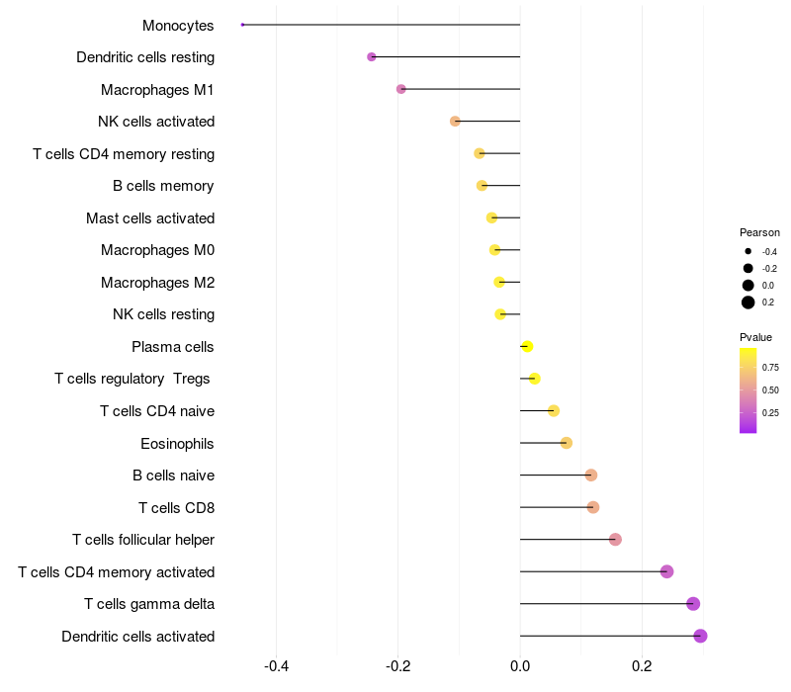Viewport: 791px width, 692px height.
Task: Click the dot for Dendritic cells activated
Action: point(700,636)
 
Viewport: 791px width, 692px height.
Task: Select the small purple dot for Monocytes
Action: point(242,25)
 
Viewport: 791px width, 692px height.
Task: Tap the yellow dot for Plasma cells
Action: point(527,346)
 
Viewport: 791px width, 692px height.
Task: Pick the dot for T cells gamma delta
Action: point(693,604)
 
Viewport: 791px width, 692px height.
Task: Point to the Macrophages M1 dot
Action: point(400,89)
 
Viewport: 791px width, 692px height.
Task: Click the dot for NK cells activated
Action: point(455,122)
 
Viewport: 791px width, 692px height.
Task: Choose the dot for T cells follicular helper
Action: point(615,540)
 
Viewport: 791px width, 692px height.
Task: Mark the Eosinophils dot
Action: point(566,443)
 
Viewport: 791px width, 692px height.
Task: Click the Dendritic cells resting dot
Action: point(372,56)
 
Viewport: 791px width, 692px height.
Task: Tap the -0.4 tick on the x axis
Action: point(277,666)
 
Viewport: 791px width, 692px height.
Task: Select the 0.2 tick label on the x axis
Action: point(642,666)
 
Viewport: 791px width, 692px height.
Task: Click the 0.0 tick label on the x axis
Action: point(520,666)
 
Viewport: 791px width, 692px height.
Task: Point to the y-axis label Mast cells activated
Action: point(150,217)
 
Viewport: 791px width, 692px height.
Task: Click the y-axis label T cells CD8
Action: point(176,507)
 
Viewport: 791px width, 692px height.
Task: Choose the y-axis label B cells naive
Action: point(173,476)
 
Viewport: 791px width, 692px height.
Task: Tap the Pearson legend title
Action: point(759,232)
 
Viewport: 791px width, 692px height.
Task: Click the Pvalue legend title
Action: point(756,337)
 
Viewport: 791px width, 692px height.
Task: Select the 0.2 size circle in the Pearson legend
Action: point(748,303)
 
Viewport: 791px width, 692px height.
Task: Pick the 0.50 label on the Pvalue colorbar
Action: point(770,389)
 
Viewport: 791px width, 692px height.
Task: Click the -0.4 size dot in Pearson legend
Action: point(748,252)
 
